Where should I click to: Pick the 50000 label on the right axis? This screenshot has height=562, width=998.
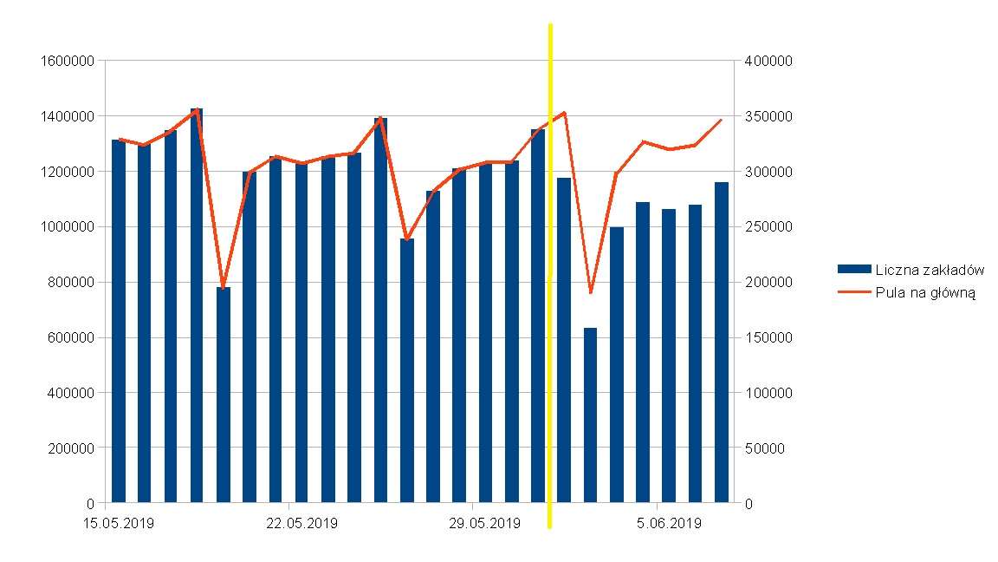[x=763, y=448]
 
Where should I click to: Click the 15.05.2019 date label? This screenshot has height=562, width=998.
[x=119, y=523]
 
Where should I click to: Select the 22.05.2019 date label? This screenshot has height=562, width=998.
[x=301, y=523]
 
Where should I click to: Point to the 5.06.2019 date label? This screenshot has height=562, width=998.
[x=668, y=523]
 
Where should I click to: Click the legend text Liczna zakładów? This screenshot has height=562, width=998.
[x=930, y=271]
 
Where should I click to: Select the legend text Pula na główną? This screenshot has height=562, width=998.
[x=926, y=292]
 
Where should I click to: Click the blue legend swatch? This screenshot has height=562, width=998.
[x=854, y=271]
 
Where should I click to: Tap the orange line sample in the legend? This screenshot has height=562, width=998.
[x=854, y=292]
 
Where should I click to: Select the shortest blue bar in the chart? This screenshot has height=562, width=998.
[x=591, y=416]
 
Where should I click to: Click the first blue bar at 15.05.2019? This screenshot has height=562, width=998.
[x=119, y=321]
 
